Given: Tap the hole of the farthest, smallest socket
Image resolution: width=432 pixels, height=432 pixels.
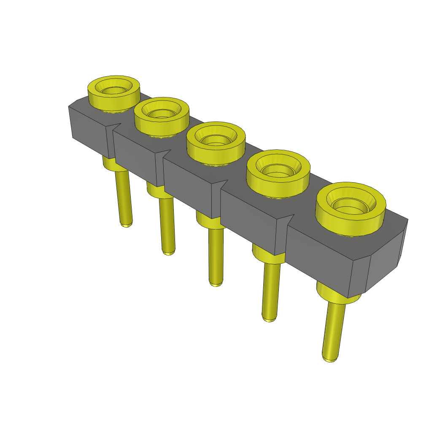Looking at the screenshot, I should (113, 90).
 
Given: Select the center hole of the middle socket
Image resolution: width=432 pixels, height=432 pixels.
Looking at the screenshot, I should (215, 140).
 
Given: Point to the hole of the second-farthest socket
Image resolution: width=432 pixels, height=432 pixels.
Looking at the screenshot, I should (161, 113).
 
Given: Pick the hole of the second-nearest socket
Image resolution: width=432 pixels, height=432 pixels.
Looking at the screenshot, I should (278, 170).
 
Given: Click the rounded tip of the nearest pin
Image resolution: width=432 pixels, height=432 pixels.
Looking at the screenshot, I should (330, 359).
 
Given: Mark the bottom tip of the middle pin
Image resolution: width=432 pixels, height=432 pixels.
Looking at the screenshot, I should (216, 284).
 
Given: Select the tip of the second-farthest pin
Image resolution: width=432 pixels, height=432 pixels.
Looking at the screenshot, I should (169, 253).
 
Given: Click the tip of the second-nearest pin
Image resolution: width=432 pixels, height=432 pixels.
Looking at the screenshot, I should (269, 319).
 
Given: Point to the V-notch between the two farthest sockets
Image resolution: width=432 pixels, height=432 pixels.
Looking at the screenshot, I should (117, 126).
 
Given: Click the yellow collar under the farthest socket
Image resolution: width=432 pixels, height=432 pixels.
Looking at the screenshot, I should (109, 162).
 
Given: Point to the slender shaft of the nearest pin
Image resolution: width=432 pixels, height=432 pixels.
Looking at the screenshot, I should (333, 329).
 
